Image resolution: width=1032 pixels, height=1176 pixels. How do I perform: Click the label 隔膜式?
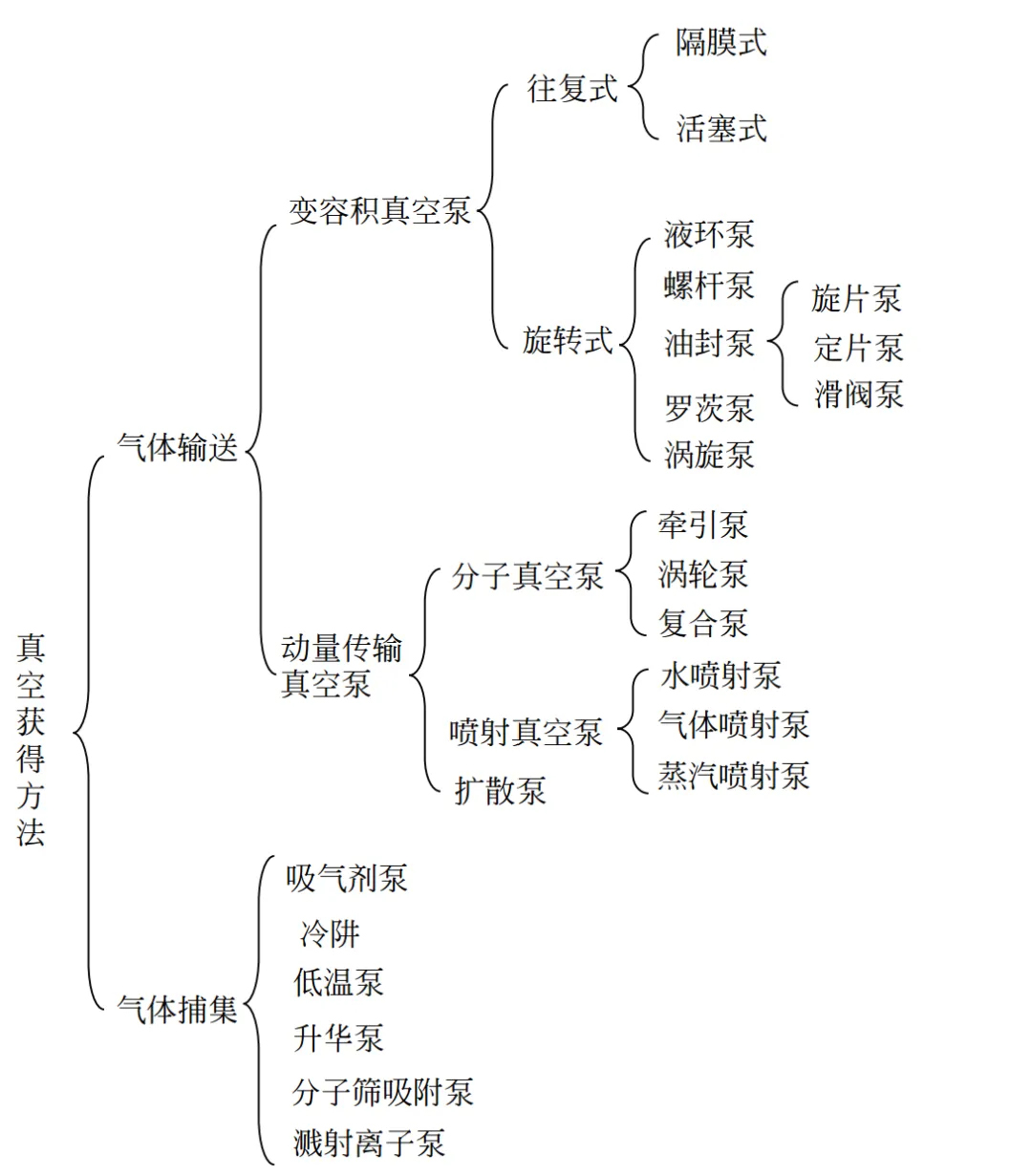pyautogui.click(x=720, y=43)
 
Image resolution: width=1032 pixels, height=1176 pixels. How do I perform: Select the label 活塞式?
pyautogui.click(x=721, y=128)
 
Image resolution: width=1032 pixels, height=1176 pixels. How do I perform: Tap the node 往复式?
pyautogui.click(x=572, y=89)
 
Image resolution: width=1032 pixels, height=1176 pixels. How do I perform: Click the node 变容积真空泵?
pyautogui.click(x=379, y=210)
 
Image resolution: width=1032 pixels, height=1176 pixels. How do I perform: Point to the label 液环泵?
pyautogui.click(x=709, y=234)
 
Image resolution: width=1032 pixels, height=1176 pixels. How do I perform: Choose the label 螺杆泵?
pyautogui.click(x=709, y=286)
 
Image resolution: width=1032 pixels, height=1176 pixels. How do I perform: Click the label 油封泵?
pyautogui.click(x=709, y=343)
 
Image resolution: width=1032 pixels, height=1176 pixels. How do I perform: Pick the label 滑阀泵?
pyautogui.click(x=859, y=395)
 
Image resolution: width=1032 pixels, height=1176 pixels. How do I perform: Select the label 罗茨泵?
pyautogui.click(x=709, y=408)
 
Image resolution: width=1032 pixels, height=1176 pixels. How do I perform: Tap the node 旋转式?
pyautogui.click(x=568, y=340)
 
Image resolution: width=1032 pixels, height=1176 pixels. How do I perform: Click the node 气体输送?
pyautogui.click(x=178, y=447)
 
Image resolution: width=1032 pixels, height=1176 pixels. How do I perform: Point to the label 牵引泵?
pyautogui.click(x=703, y=525)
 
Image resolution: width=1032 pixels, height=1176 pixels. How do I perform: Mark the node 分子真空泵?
pyautogui.click(x=527, y=576)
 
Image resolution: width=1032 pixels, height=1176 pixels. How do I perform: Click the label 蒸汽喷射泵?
pyautogui.click(x=734, y=776)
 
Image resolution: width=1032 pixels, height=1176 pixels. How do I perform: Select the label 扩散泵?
pyautogui.click(x=500, y=791)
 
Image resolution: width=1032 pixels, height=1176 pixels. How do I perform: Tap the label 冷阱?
pyautogui.click(x=330, y=934)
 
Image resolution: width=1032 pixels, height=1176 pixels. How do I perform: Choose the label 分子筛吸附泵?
pyautogui.click(x=383, y=1093)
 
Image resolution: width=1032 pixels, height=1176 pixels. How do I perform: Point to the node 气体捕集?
pyautogui.click(x=178, y=1010)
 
